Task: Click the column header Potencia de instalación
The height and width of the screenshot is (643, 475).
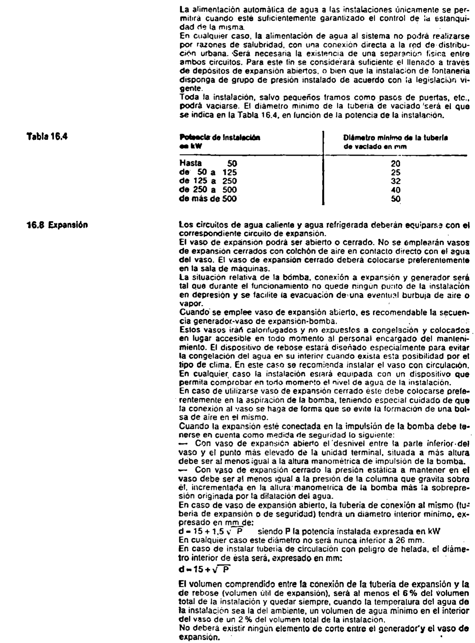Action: tap(220, 138)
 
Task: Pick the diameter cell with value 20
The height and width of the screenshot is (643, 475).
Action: tap(395, 164)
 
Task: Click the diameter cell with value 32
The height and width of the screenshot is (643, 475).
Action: tap(395, 181)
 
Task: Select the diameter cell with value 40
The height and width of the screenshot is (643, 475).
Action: tap(395, 190)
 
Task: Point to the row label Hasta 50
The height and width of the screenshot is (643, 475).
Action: tap(208, 164)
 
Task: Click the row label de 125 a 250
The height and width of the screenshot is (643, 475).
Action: tap(208, 181)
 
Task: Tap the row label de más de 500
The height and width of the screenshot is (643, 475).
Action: tap(208, 198)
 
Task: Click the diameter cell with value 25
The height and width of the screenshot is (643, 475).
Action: tap(395, 172)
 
